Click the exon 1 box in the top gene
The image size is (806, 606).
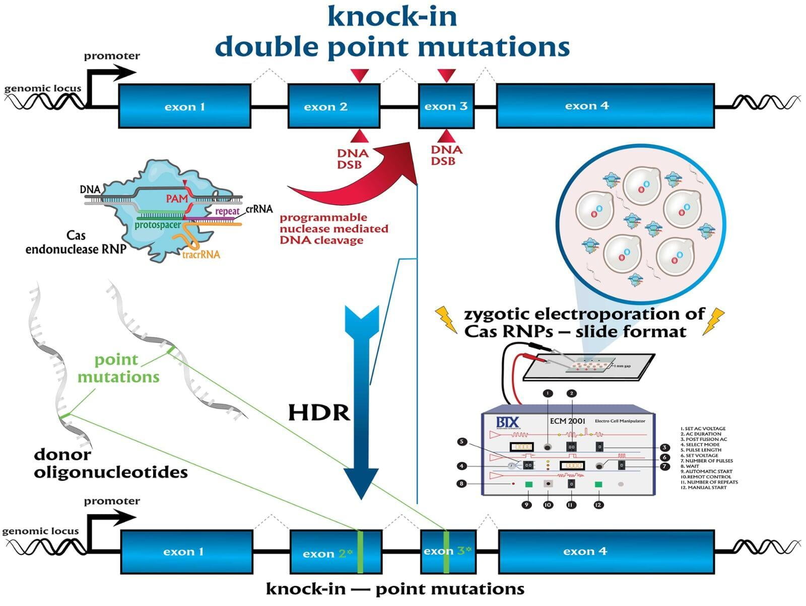coord(184,106)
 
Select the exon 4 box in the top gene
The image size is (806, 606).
coord(605,106)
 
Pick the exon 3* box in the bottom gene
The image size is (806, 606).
coord(448,551)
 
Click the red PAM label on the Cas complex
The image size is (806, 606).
coord(177,199)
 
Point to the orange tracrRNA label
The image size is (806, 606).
coord(201,255)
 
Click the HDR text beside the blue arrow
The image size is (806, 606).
coord(319,413)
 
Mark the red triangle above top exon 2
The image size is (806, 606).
coord(360,75)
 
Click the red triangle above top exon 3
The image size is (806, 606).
coord(446,75)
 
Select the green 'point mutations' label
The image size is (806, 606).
coord(118,368)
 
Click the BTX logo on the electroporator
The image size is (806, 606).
coord(507,422)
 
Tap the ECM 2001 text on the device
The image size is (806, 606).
coord(567,421)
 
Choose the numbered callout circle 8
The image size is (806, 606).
coord(461,484)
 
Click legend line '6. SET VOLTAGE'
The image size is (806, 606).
coord(702,456)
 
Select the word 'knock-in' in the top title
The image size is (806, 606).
coord(392,16)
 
